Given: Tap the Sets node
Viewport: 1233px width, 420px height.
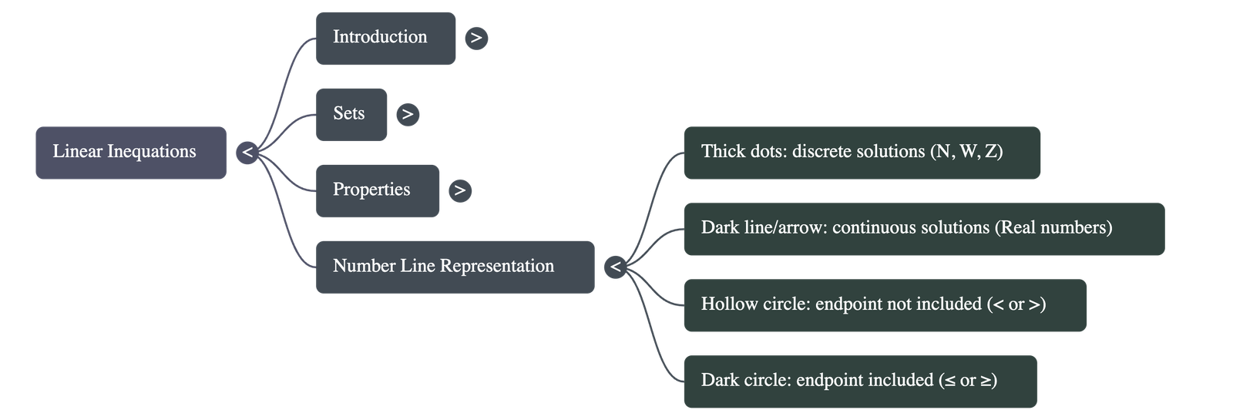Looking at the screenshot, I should (x=351, y=114).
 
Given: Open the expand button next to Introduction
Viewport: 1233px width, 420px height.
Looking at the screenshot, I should (x=476, y=38).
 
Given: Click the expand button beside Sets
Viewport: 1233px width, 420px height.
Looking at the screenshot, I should (x=408, y=114).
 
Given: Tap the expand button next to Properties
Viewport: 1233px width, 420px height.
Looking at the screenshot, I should (x=460, y=190).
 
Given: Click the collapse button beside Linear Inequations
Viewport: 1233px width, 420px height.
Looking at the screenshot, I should (x=247, y=153).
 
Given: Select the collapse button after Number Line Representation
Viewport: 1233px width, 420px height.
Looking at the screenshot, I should (x=615, y=267).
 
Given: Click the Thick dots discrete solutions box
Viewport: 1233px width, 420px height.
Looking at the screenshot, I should (x=862, y=153).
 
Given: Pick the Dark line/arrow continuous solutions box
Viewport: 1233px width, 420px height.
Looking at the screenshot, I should (x=923, y=229).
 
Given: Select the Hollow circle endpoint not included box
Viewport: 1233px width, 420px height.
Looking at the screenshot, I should (x=885, y=305).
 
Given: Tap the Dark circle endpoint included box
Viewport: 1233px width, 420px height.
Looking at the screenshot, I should (x=860, y=381).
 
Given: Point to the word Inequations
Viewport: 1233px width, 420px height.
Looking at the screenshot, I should (x=151, y=152).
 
